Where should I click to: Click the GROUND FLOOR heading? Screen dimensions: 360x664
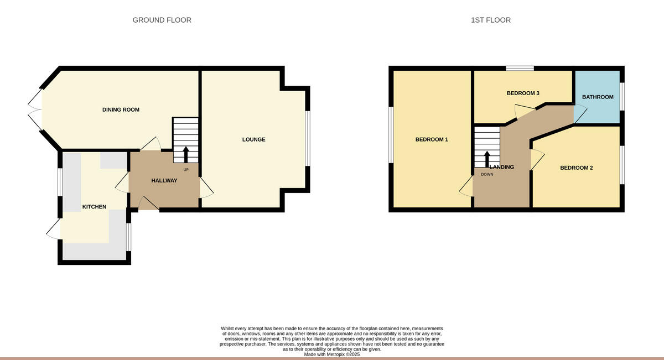tap(162, 20)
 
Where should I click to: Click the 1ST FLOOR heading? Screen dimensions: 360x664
tap(490, 20)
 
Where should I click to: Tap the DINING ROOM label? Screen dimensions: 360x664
tap(121, 109)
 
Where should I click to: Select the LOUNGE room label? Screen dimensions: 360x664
tap(253, 139)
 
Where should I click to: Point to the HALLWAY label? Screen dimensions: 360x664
tap(164, 180)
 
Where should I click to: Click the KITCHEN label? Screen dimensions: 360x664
tap(94, 207)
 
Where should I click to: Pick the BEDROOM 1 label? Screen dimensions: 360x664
tap(432, 139)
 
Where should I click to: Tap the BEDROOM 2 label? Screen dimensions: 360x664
tap(577, 168)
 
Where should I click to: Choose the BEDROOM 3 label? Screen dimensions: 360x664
tap(523, 93)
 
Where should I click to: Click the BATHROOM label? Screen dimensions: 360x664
tap(598, 97)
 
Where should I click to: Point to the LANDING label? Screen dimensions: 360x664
tap(501, 167)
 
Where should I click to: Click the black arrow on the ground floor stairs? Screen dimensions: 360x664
tap(185, 153)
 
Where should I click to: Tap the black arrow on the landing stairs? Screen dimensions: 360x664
tap(487, 158)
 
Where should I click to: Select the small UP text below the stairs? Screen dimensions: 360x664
tap(186, 169)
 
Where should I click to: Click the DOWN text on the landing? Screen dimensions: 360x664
tap(487, 174)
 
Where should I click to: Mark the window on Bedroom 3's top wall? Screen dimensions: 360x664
tap(520, 69)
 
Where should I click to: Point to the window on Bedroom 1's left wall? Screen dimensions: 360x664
tap(391, 135)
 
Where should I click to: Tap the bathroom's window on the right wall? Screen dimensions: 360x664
tap(622, 97)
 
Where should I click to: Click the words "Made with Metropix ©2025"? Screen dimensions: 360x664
tap(332, 354)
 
